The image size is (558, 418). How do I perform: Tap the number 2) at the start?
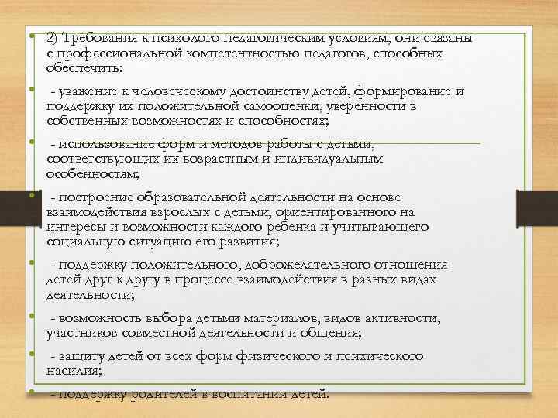tap(53, 39)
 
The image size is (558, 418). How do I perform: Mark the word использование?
tap(117, 144)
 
